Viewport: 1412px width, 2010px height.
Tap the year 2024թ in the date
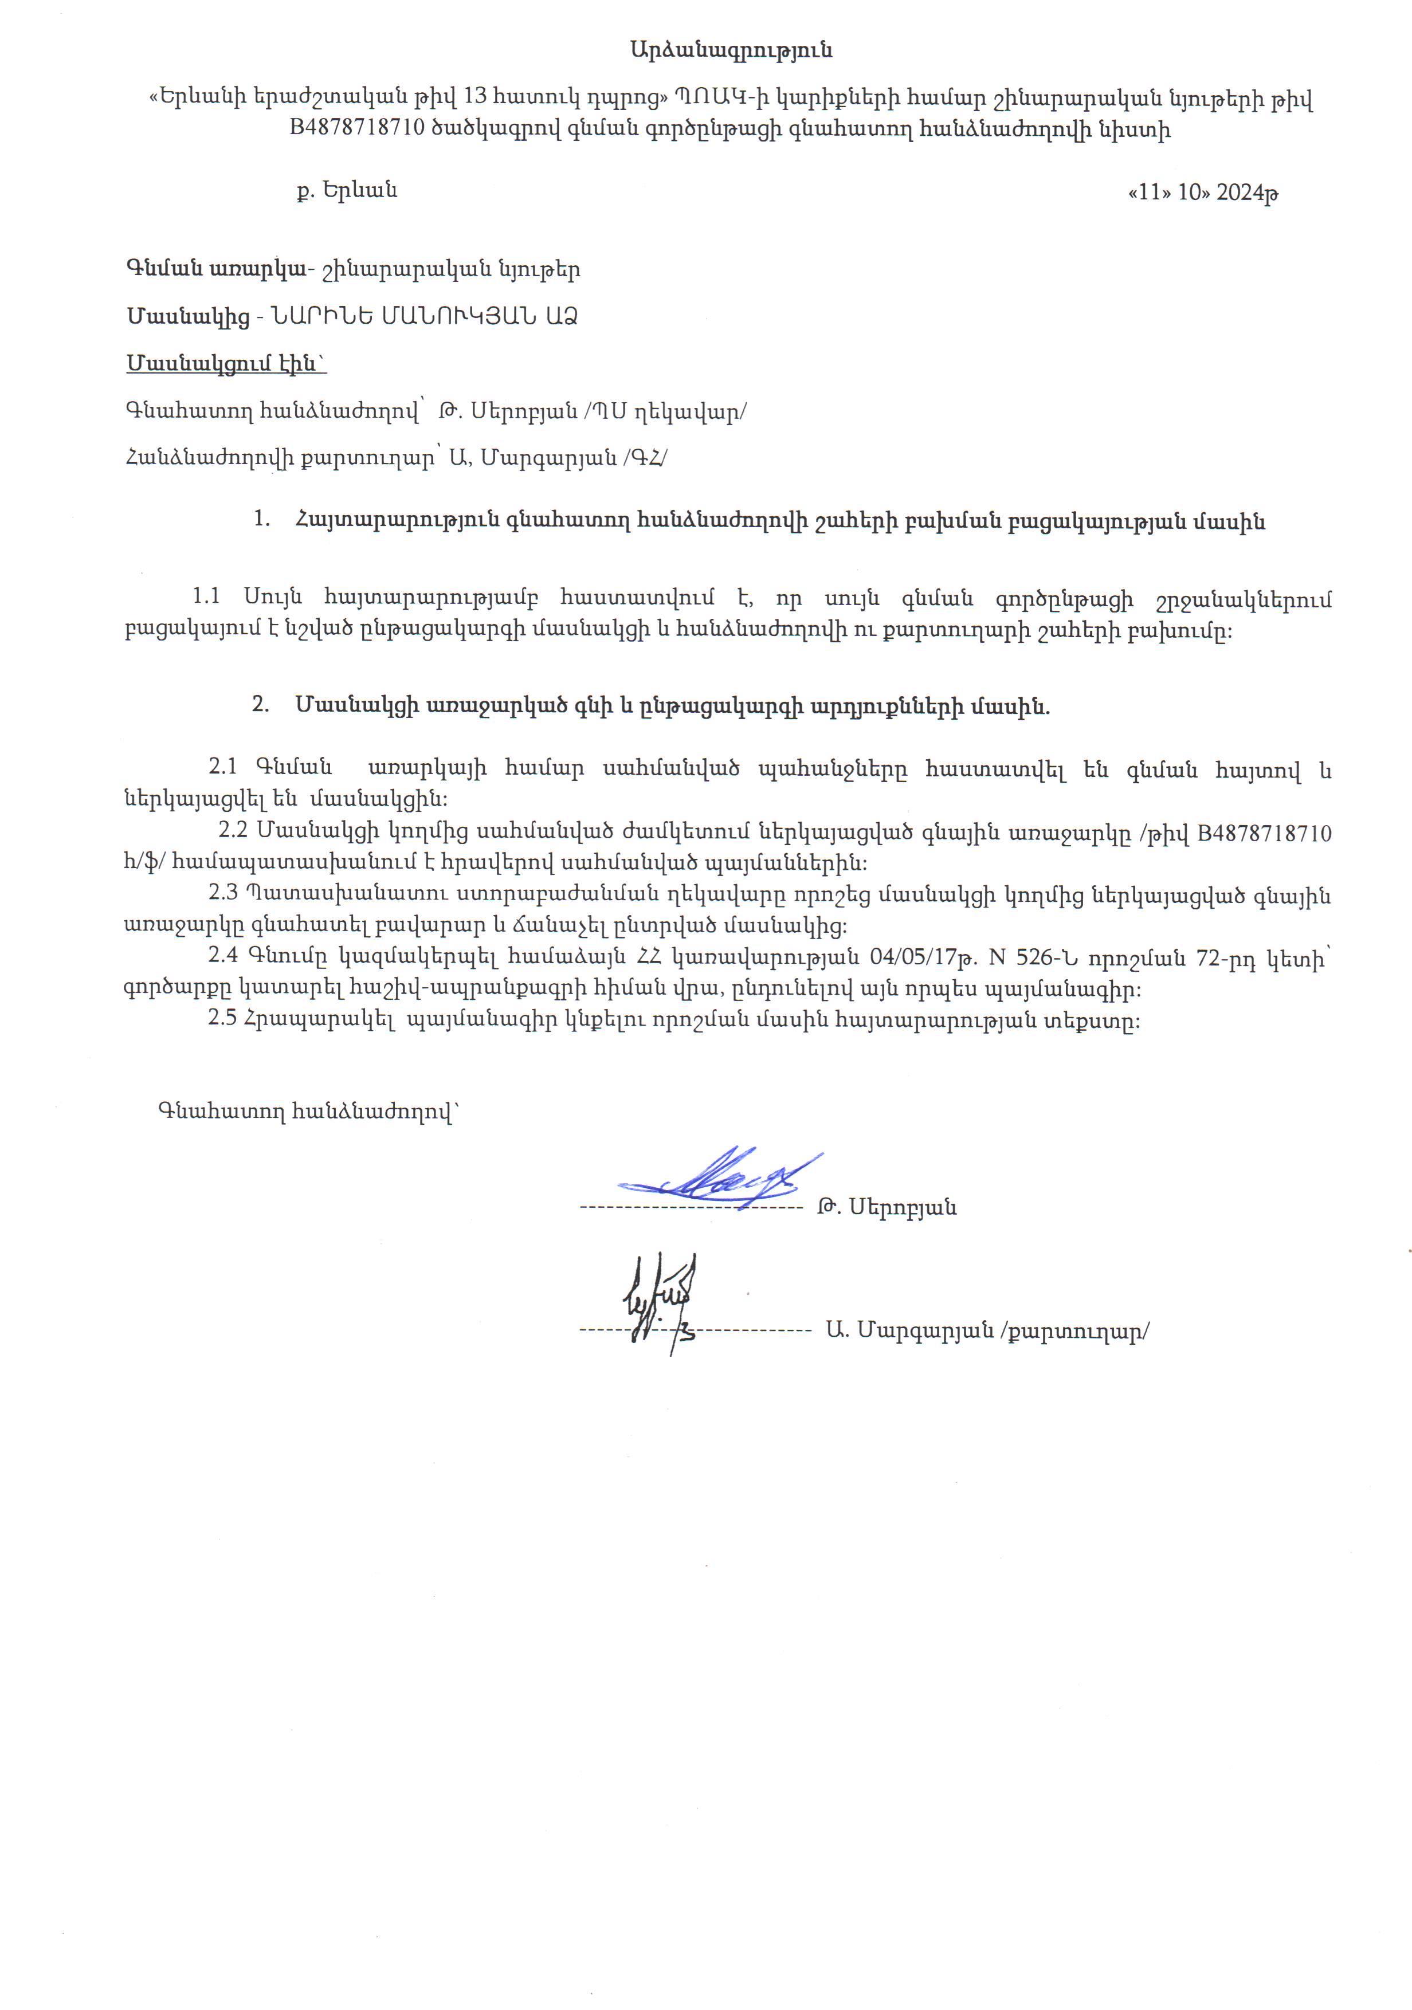pyautogui.click(x=1248, y=193)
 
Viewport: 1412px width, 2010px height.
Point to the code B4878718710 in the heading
pyautogui.click(x=357, y=129)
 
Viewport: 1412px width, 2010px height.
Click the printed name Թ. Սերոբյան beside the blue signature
pyautogui.click(x=886, y=1208)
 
